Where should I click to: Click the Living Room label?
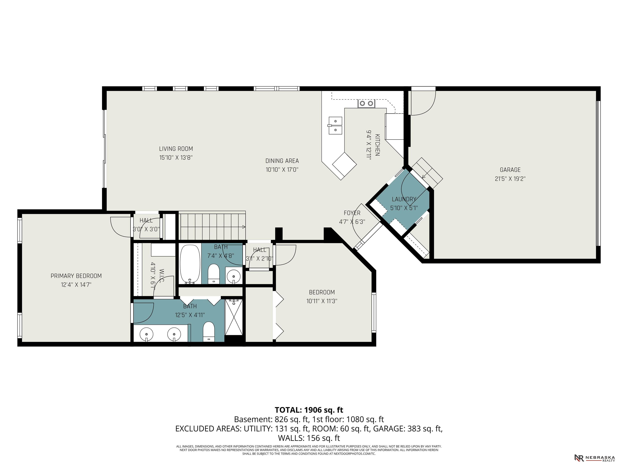(x=176, y=149)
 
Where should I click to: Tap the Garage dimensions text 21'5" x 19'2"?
(x=510, y=179)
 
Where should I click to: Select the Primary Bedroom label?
(x=76, y=276)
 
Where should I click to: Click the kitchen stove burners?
(x=366, y=104)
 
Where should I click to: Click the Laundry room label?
(x=404, y=199)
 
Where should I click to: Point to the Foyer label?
(x=352, y=213)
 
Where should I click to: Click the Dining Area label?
(x=282, y=161)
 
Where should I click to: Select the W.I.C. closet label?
(x=162, y=275)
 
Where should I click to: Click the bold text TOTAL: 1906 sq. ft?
(x=309, y=410)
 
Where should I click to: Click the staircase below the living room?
(x=212, y=225)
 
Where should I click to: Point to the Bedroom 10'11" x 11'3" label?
(x=322, y=292)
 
